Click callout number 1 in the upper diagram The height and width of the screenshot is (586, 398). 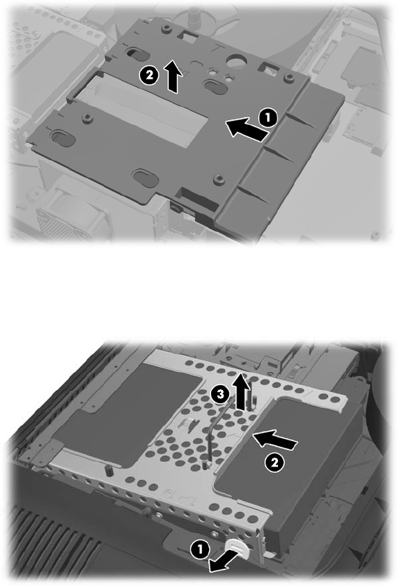tap(268, 117)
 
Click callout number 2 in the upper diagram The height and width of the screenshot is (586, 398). tap(148, 75)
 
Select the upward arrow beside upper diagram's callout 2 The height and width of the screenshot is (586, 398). tap(173, 76)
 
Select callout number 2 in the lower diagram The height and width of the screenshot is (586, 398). tap(275, 463)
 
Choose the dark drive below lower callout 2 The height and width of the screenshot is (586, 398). tap(288, 463)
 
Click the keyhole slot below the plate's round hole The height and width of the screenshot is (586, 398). tap(215, 84)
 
